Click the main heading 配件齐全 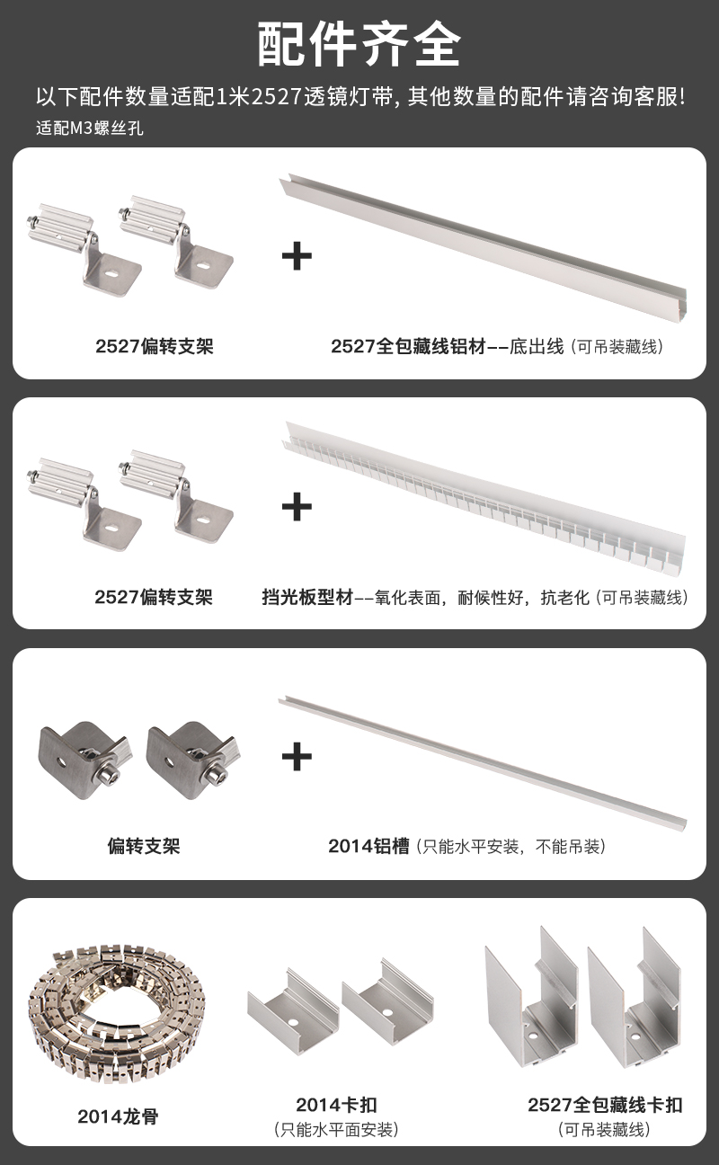coord(359,44)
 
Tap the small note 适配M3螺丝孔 coord(89,128)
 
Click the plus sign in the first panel coord(297,256)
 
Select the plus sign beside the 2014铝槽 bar coord(297,756)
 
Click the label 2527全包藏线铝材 coord(408,346)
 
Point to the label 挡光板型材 coord(307,597)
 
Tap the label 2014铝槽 coord(368,846)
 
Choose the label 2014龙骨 coord(118,1116)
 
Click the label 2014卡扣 coord(336,1104)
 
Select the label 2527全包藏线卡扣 coord(605,1104)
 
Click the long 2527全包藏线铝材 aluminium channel coord(484,247)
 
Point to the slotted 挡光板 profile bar coord(484,499)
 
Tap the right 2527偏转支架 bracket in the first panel coord(177,243)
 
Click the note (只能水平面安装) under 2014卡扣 coord(336,1130)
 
